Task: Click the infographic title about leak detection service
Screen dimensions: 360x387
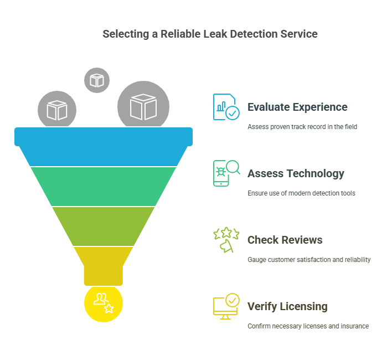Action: point(210,34)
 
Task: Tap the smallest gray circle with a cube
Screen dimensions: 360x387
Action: point(97,80)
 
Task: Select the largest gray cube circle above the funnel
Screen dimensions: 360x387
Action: point(143,106)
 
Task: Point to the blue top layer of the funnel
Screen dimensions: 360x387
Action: point(104,147)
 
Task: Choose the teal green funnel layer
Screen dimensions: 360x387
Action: point(104,186)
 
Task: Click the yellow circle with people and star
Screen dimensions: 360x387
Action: point(104,303)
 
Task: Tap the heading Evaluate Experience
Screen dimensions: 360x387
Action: point(297,107)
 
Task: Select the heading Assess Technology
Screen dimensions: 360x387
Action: point(296,173)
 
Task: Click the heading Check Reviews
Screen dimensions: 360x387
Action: point(285,240)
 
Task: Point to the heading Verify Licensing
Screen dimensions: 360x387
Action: point(287,306)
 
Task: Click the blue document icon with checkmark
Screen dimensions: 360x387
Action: point(226,107)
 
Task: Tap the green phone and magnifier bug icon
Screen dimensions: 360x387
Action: point(226,173)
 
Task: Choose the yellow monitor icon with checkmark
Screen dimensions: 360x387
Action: point(226,306)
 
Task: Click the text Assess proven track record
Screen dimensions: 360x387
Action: point(302,127)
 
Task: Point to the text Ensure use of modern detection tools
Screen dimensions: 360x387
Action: point(301,193)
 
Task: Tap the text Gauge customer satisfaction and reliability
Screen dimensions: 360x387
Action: point(309,260)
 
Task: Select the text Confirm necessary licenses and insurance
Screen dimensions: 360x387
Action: point(308,326)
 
